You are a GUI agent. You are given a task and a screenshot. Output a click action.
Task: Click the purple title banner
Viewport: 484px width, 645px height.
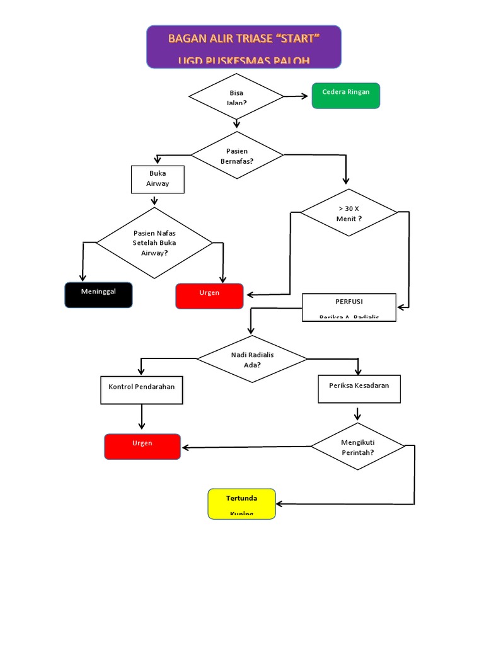point(244,47)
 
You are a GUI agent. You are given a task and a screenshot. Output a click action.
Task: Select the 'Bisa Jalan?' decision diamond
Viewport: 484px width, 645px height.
point(236,96)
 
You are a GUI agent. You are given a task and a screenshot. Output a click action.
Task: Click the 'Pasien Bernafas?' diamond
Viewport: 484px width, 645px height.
point(237,155)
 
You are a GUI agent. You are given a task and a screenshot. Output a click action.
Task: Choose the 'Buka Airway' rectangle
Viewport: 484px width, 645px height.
point(158,179)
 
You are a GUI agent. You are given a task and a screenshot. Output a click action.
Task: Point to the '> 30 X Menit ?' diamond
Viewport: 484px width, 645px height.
point(349,213)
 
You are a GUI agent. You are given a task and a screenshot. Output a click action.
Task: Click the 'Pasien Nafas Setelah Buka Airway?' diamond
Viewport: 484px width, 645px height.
point(154,243)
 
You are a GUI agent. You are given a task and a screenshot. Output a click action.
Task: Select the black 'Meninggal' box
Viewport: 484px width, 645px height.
point(98,295)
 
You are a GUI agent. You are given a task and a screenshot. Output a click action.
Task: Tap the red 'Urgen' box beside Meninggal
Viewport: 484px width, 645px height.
point(209,296)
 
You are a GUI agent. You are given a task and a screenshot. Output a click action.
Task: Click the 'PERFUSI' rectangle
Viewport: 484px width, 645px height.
point(349,307)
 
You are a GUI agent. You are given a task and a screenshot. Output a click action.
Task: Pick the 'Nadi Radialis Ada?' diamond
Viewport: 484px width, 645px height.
point(251,359)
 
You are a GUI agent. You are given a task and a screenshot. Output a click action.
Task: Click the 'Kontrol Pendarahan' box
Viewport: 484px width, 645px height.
point(142,390)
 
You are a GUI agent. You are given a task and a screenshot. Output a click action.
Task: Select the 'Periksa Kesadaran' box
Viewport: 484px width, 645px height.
point(359,389)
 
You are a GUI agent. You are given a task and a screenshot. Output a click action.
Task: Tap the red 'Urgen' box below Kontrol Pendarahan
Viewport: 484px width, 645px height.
point(142,447)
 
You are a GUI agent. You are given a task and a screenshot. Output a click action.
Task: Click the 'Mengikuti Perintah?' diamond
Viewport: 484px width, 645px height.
point(357,447)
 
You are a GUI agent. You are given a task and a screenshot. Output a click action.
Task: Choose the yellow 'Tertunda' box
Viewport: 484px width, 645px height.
point(242,503)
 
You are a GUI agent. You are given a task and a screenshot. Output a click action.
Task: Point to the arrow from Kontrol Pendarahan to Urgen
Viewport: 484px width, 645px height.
point(142,416)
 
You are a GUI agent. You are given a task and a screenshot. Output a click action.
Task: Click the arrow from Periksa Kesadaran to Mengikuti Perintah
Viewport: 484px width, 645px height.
point(357,414)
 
